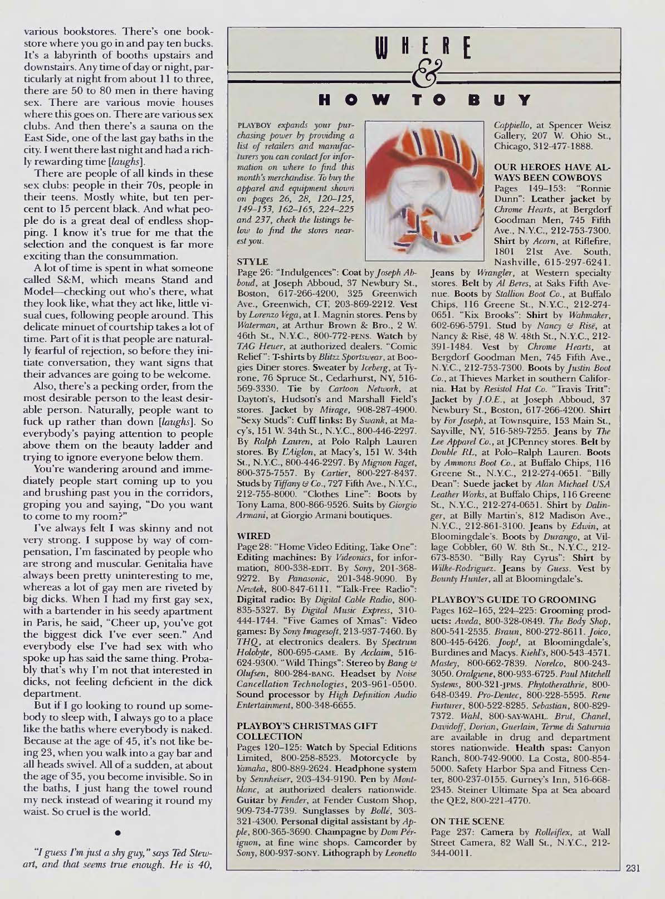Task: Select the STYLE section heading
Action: (249, 260)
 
